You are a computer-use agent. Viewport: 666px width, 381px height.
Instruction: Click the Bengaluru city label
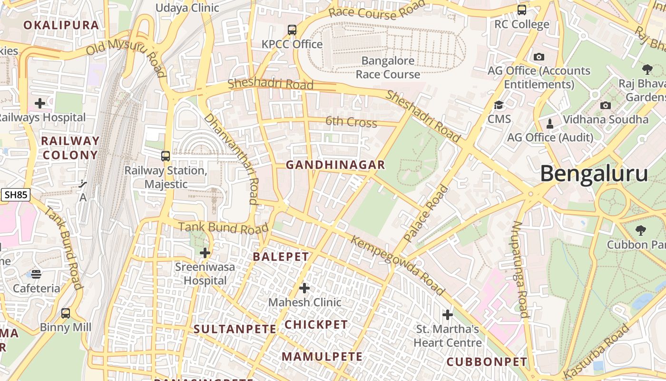tap(594, 174)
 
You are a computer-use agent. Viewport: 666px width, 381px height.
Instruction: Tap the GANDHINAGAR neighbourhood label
tap(335, 165)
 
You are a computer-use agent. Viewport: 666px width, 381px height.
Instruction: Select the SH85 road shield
tap(16, 194)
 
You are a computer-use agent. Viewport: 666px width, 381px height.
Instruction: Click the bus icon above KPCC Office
tap(292, 30)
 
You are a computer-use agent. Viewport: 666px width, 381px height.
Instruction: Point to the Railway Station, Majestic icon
tap(166, 156)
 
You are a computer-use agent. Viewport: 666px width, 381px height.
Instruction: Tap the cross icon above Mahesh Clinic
tap(304, 288)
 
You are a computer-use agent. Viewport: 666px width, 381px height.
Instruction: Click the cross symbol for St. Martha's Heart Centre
tap(447, 315)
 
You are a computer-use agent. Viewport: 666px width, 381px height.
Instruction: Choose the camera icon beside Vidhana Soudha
tap(606, 105)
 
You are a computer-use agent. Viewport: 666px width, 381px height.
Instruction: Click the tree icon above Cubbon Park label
tap(641, 231)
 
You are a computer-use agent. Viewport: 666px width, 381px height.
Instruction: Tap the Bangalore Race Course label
tap(388, 68)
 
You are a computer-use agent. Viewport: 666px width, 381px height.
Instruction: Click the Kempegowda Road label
tap(398, 265)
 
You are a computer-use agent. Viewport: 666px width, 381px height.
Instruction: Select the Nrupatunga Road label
tap(520, 269)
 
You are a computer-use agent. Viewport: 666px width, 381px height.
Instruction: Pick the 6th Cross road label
tap(351, 122)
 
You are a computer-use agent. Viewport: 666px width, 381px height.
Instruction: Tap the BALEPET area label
tap(281, 257)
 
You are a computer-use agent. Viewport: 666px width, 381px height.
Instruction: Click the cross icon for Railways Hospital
tap(40, 103)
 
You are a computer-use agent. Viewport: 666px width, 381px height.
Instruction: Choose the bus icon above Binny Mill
tap(66, 313)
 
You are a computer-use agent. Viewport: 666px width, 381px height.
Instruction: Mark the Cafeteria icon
tap(36, 274)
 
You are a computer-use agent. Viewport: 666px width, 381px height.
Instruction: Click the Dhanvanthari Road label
tap(232, 159)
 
